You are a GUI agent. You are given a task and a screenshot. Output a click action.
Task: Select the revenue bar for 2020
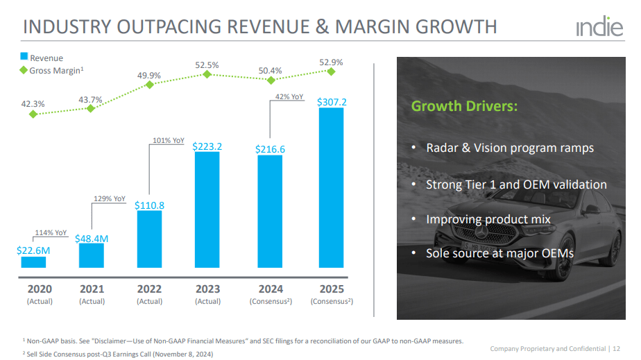(33, 262)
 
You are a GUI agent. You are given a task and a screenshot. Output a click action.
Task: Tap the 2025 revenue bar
(331, 187)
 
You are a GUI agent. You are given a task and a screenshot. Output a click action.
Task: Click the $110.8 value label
(149, 205)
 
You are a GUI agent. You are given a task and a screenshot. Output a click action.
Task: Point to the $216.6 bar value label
(270, 148)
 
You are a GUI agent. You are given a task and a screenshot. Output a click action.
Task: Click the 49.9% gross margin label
(149, 76)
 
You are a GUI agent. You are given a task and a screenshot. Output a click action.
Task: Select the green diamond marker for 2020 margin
(33, 114)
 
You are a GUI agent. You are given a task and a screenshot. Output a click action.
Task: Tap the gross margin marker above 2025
(331, 71)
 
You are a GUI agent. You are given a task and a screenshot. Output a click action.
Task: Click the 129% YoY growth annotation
(109, 198)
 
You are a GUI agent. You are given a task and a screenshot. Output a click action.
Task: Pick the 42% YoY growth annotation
(289, 97)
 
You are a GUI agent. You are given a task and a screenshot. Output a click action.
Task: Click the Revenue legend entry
(42, 58)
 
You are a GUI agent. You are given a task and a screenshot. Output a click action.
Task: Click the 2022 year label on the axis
(150, 289)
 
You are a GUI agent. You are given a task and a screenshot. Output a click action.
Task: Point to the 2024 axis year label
(271, 289)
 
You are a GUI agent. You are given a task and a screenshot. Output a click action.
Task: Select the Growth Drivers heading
(464, 107)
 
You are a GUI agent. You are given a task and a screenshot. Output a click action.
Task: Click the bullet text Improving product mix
(488, 219)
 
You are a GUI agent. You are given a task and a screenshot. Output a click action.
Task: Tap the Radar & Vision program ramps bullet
(509, 148)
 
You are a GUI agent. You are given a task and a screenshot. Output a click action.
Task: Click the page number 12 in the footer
(617, 348)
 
